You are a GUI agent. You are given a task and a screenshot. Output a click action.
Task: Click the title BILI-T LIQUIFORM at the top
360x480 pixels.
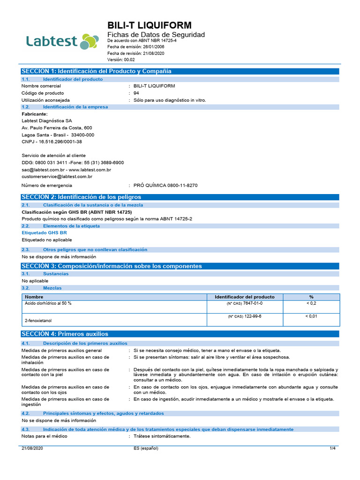point(150,25)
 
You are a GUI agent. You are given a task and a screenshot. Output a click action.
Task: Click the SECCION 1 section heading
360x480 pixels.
point(97,71)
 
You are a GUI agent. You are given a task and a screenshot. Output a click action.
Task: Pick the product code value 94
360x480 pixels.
point(136,93)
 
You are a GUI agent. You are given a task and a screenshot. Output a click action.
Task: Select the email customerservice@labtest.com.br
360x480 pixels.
point(57,177)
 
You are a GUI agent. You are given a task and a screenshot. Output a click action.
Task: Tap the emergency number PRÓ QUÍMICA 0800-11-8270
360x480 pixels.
point(165,186)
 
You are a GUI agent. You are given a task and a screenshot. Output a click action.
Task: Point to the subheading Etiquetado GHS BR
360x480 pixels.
point(45,232)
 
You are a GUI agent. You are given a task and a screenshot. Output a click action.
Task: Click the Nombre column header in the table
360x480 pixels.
point(34,297)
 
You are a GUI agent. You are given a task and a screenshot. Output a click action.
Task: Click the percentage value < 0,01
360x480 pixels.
point(311,316)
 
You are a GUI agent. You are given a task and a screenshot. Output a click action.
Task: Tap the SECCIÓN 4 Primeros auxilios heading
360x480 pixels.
point(65,334)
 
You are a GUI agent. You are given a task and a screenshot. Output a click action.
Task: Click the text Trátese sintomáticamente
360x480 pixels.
point(162,436)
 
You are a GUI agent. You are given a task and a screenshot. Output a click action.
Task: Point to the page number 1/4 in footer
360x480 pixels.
point(333,449)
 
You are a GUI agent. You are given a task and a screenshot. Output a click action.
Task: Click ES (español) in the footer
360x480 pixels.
point(146,449)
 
